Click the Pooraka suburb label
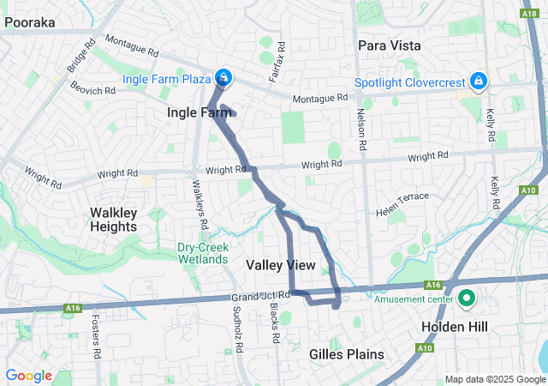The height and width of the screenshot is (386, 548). click(30, 23)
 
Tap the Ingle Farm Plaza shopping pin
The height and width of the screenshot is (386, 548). click(223, 78)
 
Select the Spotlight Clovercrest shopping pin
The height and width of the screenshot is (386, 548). click(478, 81)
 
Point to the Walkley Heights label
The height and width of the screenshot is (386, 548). click(113, 219)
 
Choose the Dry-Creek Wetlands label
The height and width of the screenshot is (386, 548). click(203, 252)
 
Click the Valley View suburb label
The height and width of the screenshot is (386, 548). click(280, 265)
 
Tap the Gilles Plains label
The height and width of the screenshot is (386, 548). click(346, 354)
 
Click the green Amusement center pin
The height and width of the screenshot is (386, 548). click(468, 299)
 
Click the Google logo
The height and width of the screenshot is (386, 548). click(28, 376)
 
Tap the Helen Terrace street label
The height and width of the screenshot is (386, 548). click(402, 197)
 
